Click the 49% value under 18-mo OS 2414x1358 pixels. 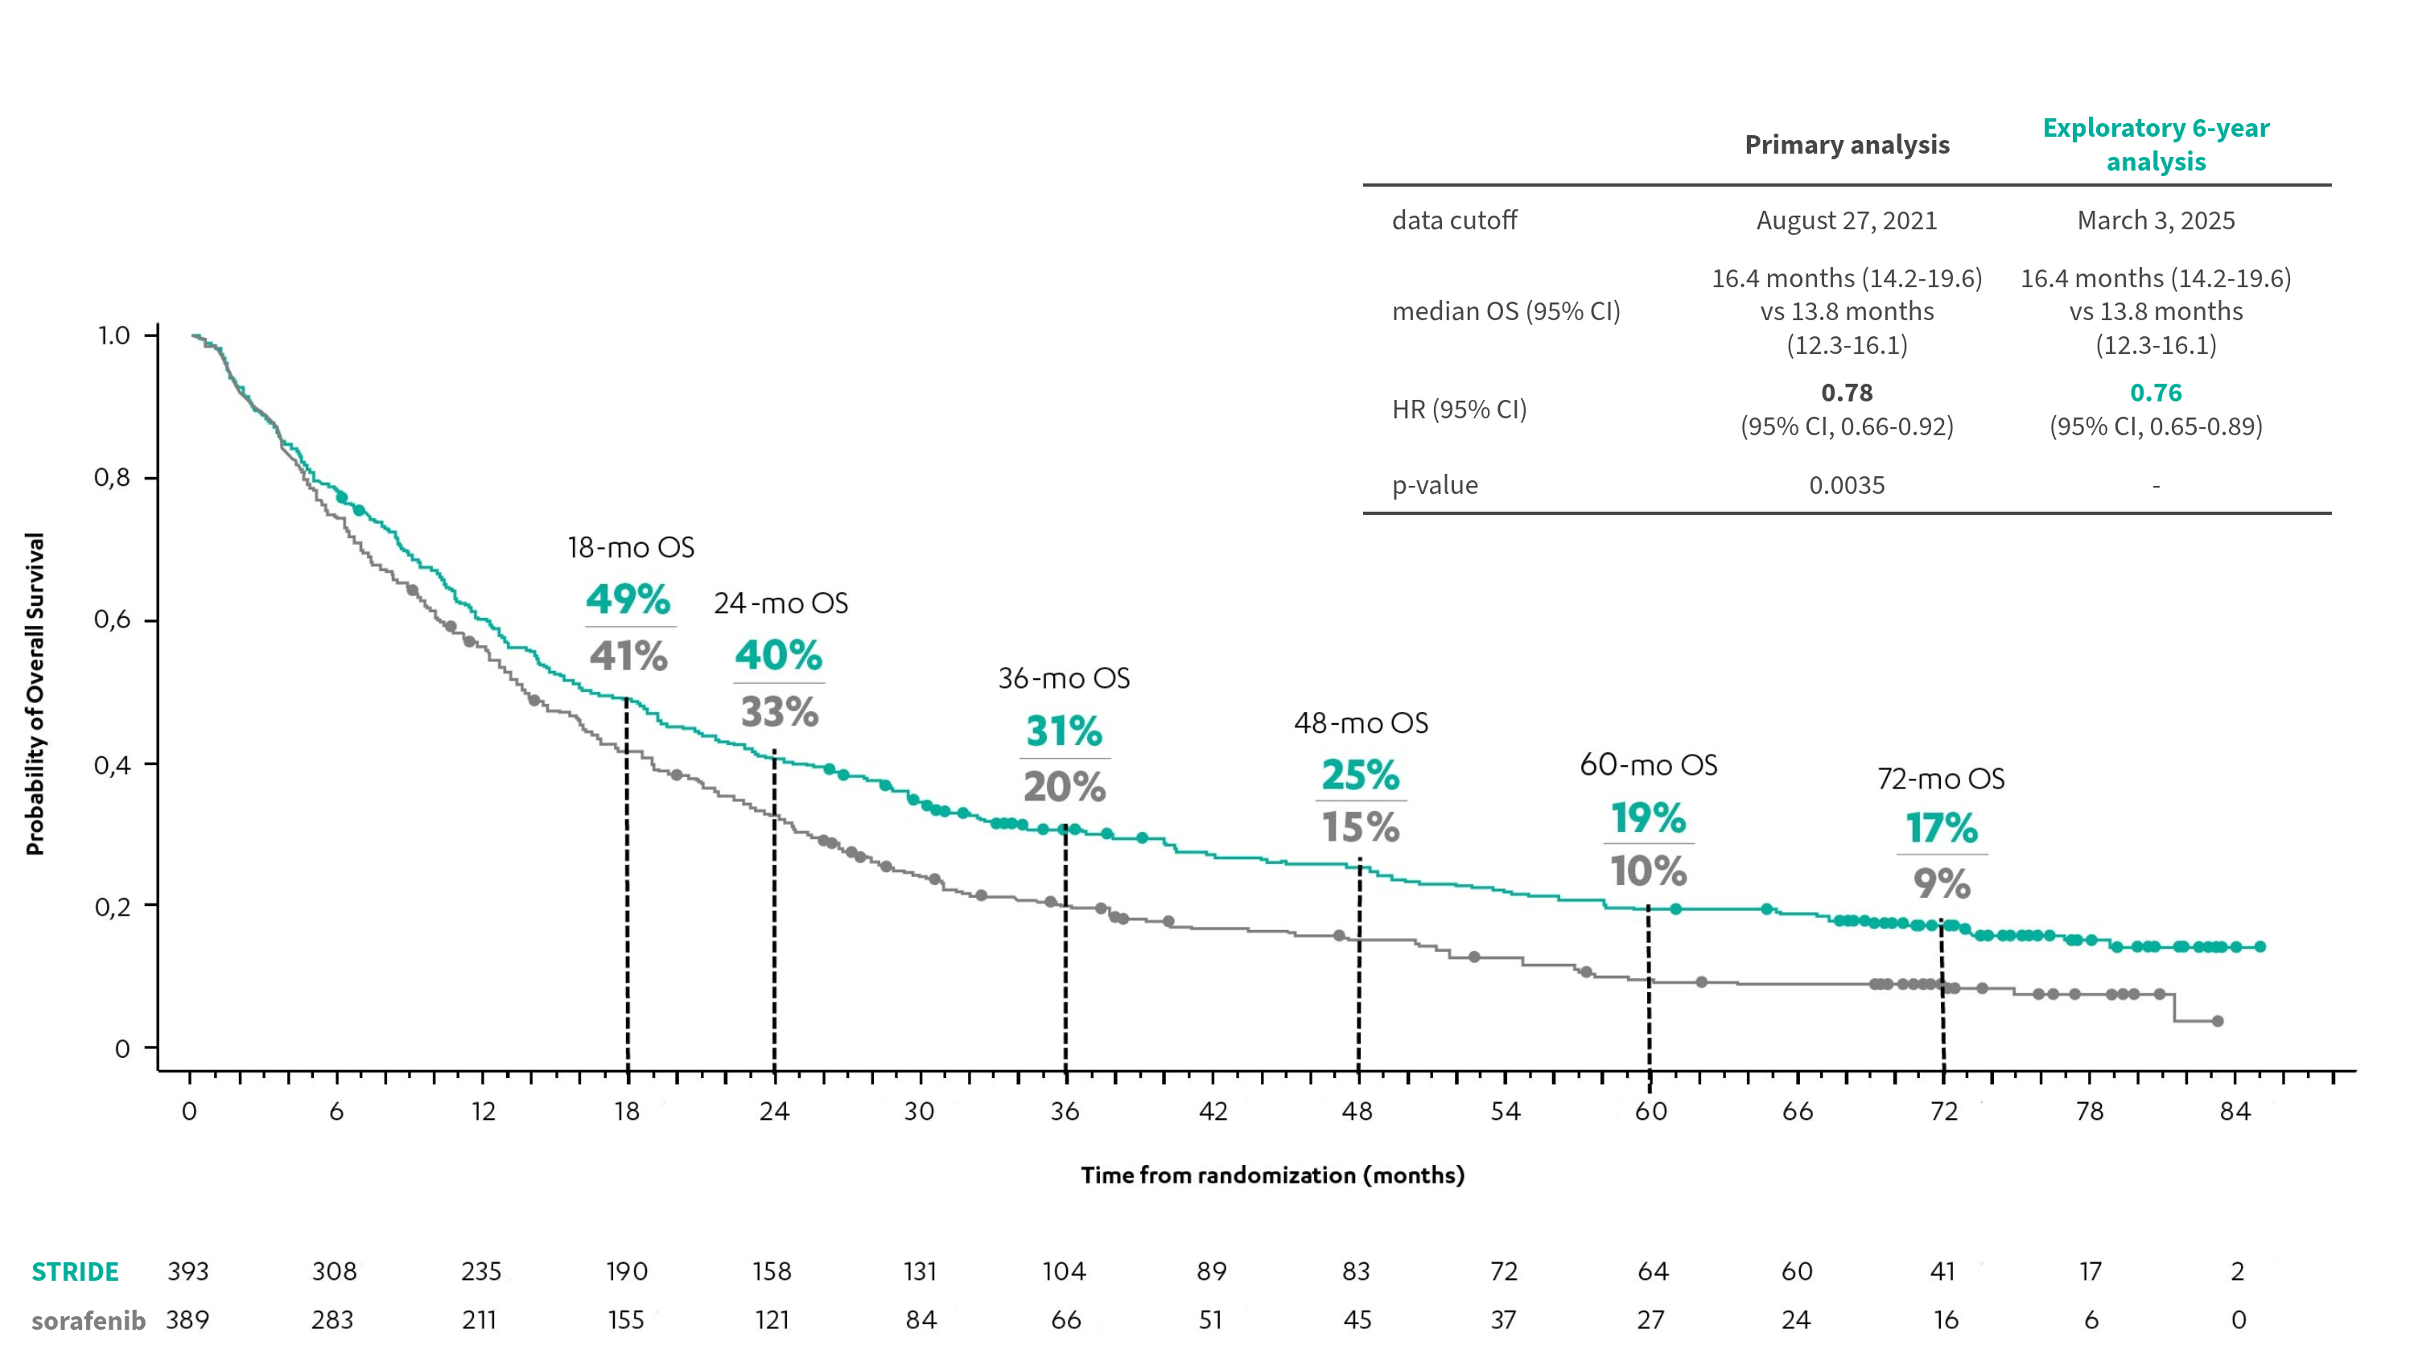point(628,600)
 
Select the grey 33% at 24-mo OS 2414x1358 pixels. point(780,712)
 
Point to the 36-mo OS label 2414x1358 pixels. point(1064,678)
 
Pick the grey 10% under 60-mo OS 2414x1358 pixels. point(1649,871)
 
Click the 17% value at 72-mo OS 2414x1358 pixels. point(1942,829)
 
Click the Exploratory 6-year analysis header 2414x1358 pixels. point(2156,144)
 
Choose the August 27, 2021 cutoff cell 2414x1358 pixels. point(1846,220)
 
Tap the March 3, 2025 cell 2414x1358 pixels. point(2156,220)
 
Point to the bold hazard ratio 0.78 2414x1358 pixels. point(1846,393)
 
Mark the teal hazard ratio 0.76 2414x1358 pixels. point(2156,393)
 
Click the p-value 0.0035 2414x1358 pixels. point(1846,485)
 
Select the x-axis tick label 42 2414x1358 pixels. point(1213,1112)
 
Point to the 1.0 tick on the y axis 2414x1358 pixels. point(114,335)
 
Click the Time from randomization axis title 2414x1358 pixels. point(1271,1175)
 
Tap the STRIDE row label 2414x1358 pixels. point(75,1272)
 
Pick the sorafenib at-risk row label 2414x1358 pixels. point(88,1320)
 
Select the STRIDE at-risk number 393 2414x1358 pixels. point(188,1272)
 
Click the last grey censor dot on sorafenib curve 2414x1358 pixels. point(2217,1021)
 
